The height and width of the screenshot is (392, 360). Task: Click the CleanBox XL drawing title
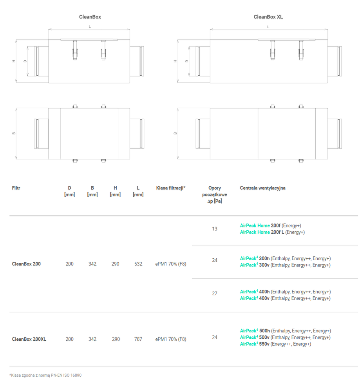point(268,17)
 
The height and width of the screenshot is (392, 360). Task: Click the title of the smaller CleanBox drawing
point(90,17)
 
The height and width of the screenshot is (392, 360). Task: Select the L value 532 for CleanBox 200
point(138,264)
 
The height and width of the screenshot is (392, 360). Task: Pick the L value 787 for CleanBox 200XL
point(138,339)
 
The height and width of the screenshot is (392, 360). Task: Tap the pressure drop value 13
point(215,229)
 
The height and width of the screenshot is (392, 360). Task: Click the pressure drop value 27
point(215,293)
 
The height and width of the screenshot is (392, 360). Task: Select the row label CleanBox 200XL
point(29,339)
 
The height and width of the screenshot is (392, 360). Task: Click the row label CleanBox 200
point(26,264)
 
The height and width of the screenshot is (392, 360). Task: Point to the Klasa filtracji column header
point(171,188)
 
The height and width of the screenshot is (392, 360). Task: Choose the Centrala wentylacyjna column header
point(262,188)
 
